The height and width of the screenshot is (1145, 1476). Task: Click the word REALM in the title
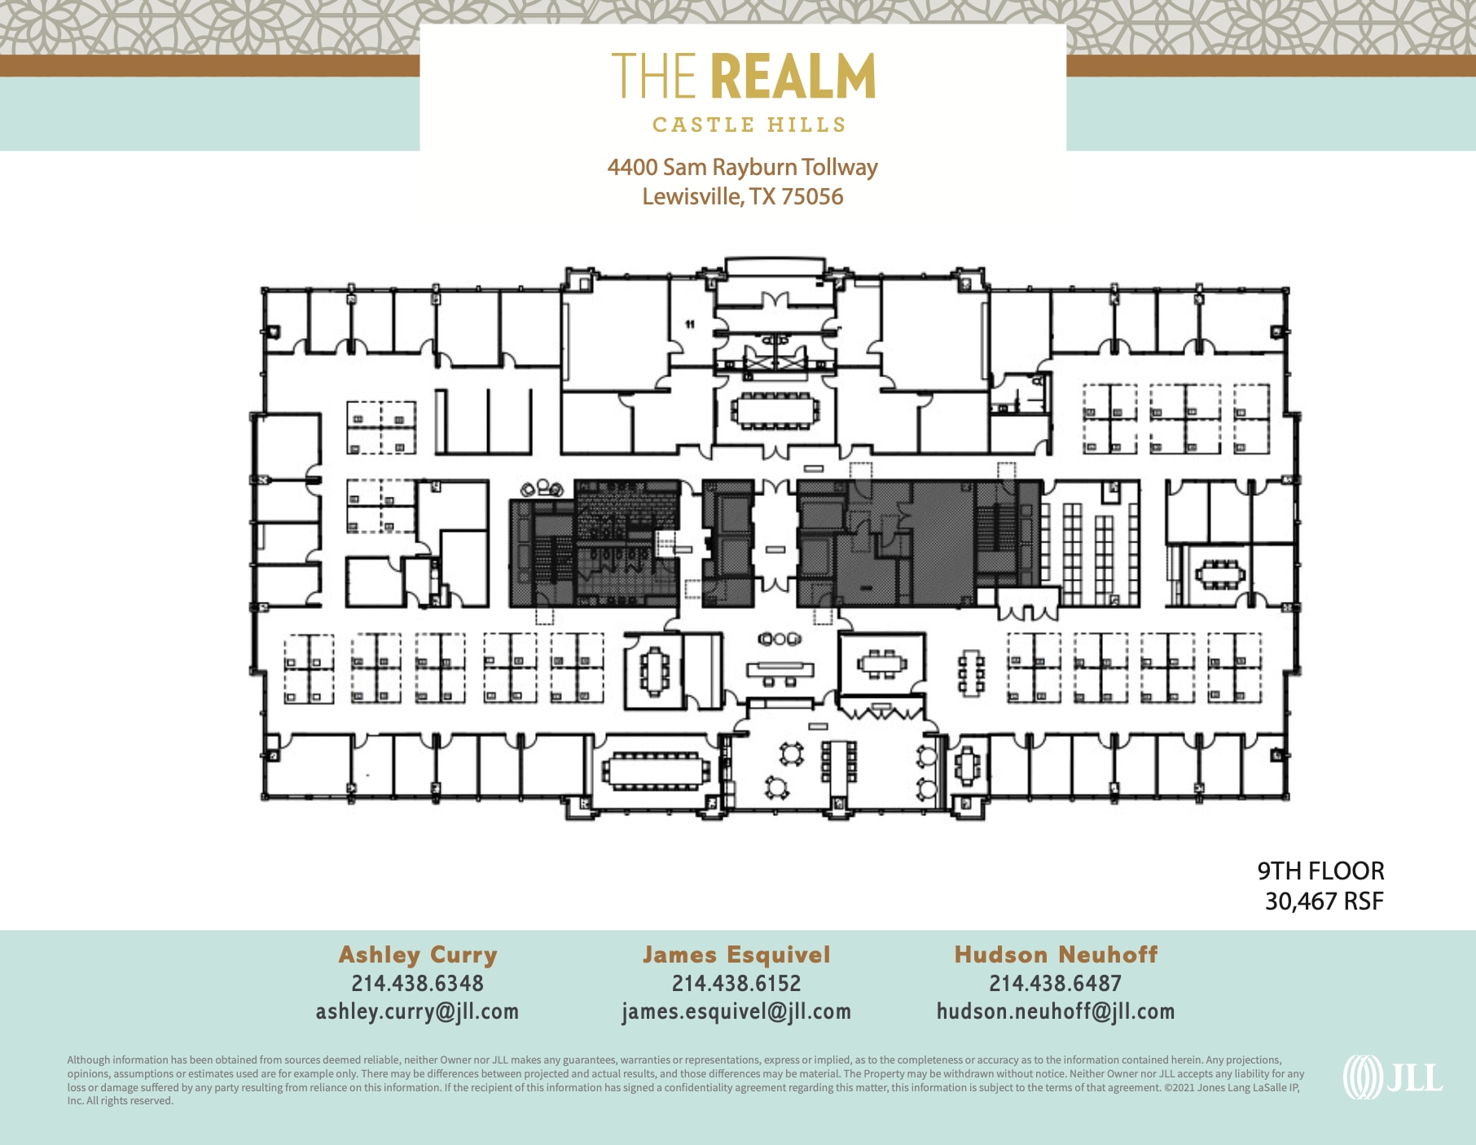coord(793,77)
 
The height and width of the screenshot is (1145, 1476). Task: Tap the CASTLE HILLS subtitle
coord(749,125)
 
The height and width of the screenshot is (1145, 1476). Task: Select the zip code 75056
coord(812,197)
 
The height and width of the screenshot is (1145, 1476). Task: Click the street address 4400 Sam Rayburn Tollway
coord(742,167)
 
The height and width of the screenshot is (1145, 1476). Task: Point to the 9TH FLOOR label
coord(1320,871)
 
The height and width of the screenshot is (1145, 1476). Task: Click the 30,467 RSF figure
coord(1323,902)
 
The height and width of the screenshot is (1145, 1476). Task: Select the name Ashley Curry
coord(417,954)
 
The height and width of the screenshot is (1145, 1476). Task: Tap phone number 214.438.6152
coord(736,984)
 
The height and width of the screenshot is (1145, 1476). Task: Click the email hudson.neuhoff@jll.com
coord(1055,1011)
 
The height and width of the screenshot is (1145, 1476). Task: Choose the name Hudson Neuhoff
coord(1055,954)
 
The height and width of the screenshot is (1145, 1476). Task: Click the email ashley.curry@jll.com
coord(417,1011)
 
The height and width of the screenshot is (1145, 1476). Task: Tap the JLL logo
coord(1392,1077)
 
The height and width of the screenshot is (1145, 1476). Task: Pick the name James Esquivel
coord(736,954)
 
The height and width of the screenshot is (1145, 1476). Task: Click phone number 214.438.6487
coord(1055,984)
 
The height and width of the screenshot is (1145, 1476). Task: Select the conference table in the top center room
coord(775,410)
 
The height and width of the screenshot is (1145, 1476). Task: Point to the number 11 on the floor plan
coord(690,324)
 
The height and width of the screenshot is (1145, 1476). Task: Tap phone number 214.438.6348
coord(417,984)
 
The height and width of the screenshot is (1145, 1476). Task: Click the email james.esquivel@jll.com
coord(736,1011)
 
